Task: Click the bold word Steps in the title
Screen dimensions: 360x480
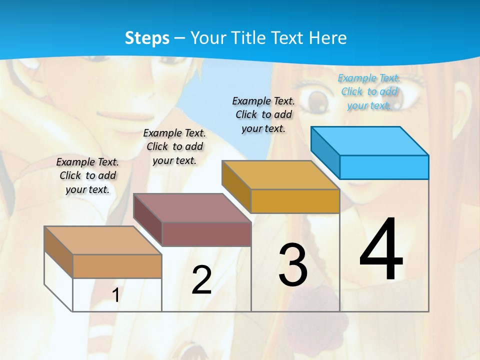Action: (x=147, y=38)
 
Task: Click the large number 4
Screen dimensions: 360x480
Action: (x=381, y=249)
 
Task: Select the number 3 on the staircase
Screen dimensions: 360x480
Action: (x=293, y=265)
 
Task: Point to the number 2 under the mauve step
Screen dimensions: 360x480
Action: (x=201, y=280)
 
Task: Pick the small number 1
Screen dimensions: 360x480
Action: (x=116, y=295)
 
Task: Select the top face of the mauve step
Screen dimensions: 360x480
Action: (x=192, y=208)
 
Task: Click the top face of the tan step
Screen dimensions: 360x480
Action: (x=103, y=240)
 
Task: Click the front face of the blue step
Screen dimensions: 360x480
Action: (x=384, y=167)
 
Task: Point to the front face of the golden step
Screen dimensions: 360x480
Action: (x=295, y=201)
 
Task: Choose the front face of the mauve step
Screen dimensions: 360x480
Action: (x=206, y=234)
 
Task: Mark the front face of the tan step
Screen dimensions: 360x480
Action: (x=117, y=266)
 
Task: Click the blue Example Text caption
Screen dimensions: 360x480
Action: (x=369, y=91)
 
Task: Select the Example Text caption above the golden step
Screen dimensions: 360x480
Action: (x=263, y=114)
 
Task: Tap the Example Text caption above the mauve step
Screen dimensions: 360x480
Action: (x=174, y=146)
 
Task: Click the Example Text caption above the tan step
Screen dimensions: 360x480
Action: (x=87, y=175)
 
